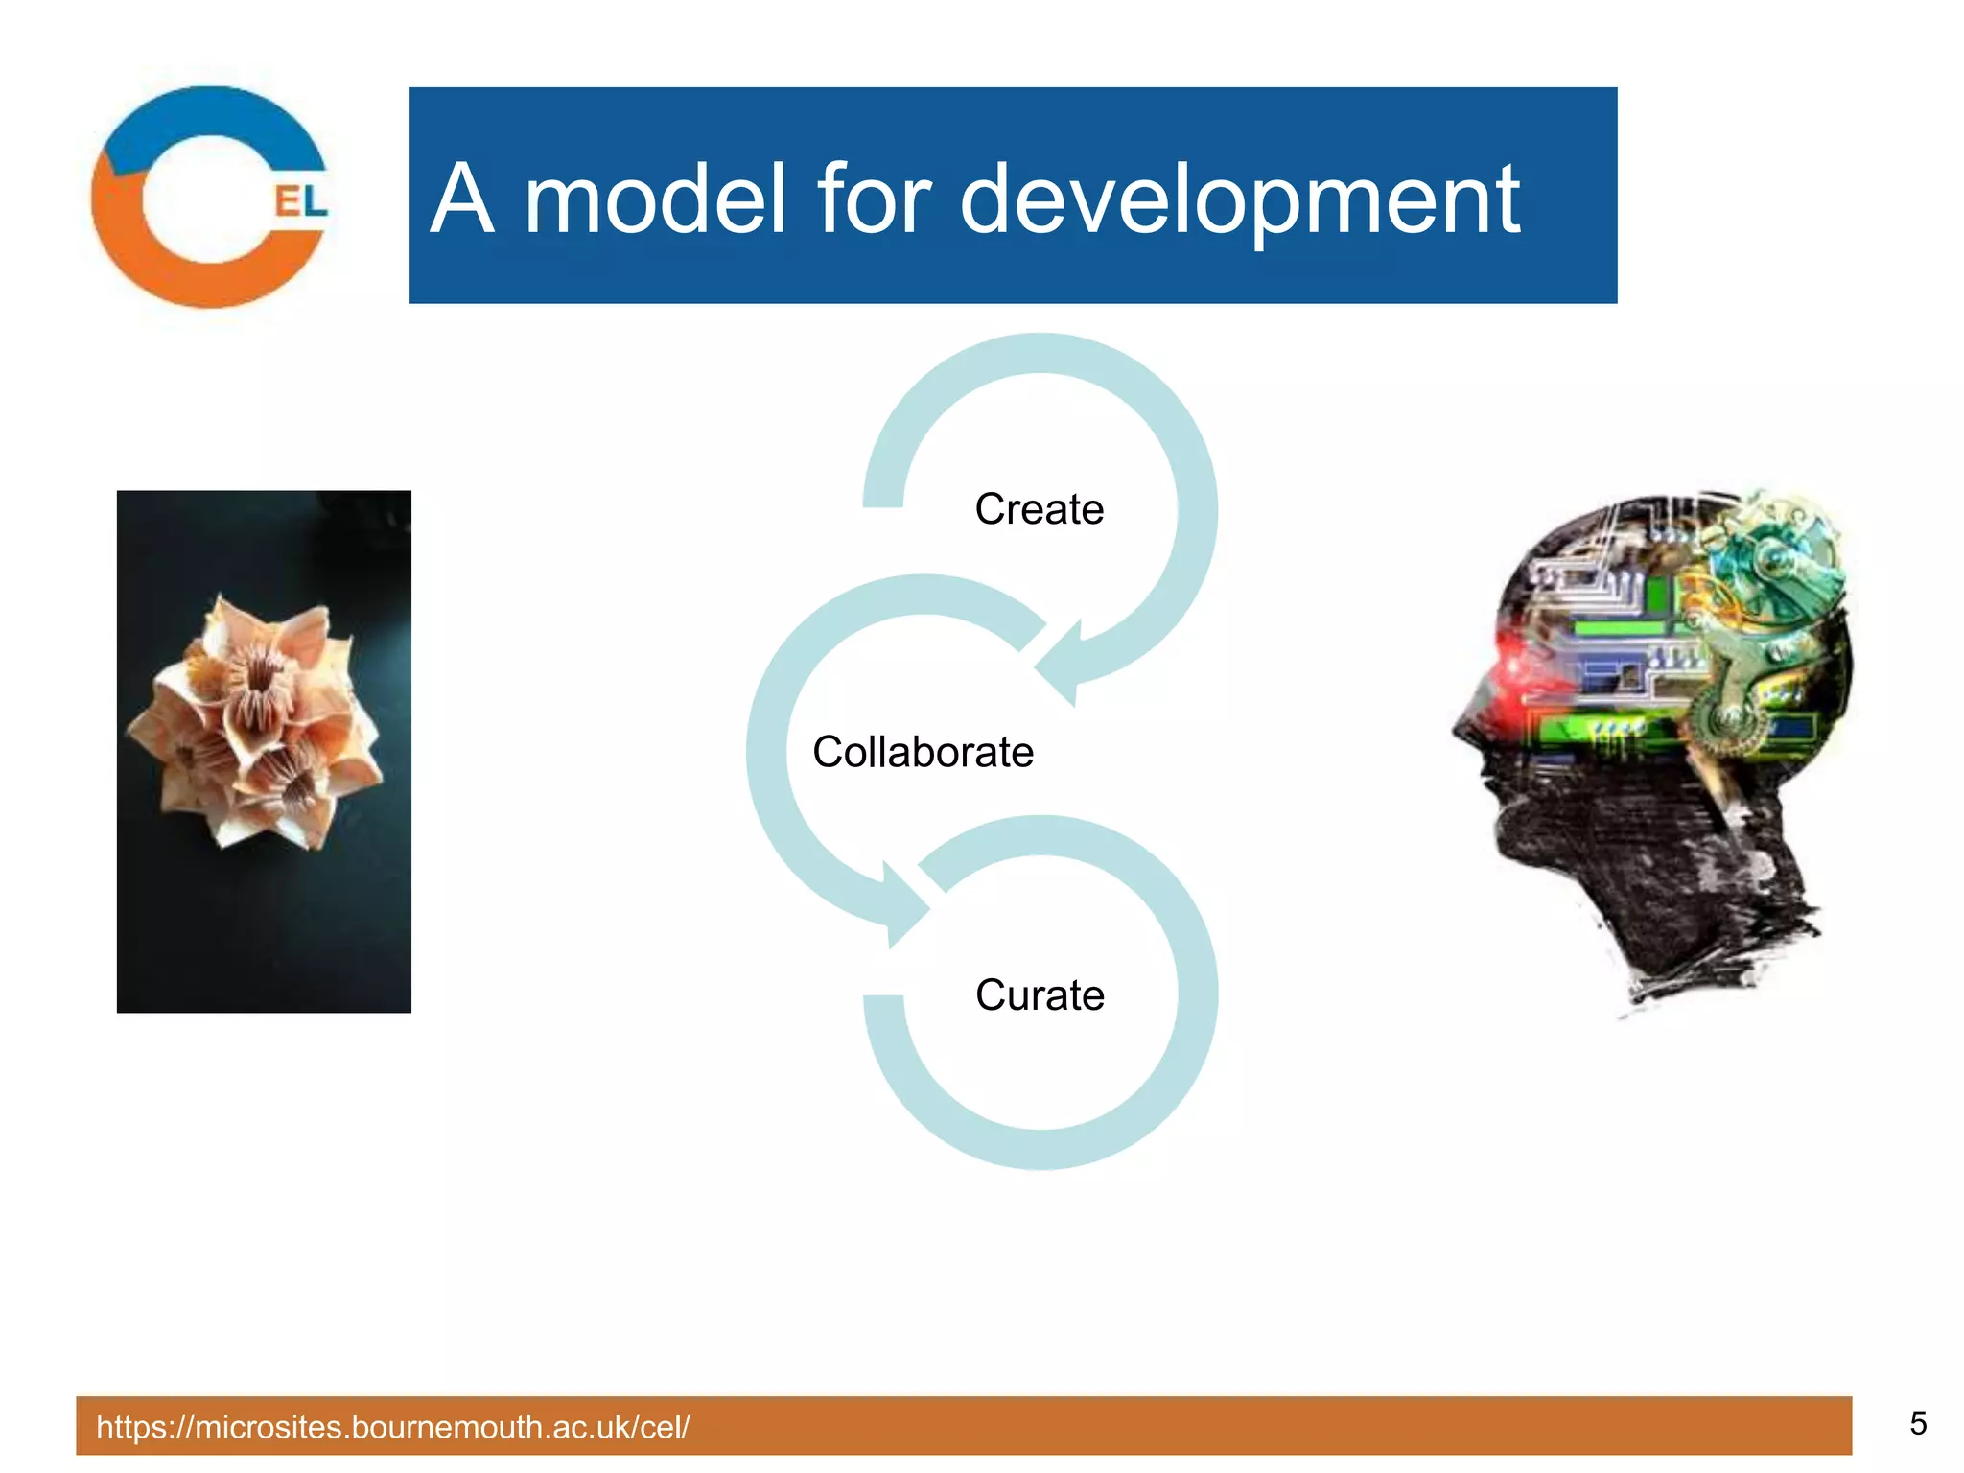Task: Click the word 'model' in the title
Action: tap(655, 199)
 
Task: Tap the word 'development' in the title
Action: tap(1239, 199)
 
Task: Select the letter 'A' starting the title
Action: tap(462, 199)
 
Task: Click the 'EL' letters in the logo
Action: tap(300, 201)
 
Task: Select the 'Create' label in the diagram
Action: tap(1039, 509)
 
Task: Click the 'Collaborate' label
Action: tap(923, 752)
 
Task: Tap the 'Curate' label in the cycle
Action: tap(1040, 995)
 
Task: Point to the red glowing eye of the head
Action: tap(1515, 662)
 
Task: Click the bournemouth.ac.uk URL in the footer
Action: tap(393, 1427)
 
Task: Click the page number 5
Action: tap(1917, 1423)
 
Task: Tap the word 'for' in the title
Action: tap(873, 199)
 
